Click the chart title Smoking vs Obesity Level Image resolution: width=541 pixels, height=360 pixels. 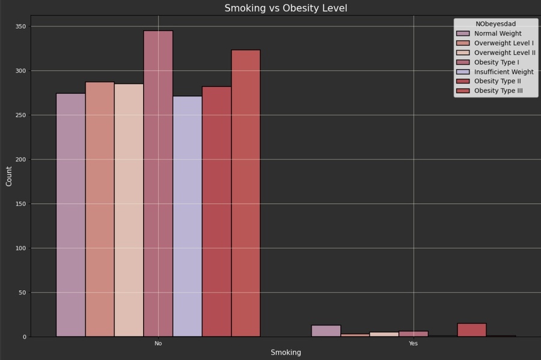point(286,8)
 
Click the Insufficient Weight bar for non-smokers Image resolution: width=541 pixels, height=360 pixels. point(188,216)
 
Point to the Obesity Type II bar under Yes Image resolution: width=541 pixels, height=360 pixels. point(472,330)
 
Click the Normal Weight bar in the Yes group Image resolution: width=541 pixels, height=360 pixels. point(326,331)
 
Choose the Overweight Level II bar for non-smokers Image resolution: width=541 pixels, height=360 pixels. point(129,210)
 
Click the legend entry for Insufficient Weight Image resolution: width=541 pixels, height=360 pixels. point(503,72)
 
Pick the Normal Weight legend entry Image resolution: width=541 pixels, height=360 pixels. point(498,34)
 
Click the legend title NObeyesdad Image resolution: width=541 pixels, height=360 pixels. point(495,24)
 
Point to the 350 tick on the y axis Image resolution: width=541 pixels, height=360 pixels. point(21,26)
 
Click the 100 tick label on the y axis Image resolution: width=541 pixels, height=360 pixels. point(21,248)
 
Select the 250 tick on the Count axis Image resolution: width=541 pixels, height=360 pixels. point(21,115)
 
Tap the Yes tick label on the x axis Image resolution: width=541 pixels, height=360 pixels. point(413,344)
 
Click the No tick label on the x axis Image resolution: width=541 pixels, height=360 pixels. point(158,344)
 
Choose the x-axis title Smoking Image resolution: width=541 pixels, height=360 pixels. point(286,353)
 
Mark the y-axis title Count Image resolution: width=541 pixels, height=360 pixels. point(9,176)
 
